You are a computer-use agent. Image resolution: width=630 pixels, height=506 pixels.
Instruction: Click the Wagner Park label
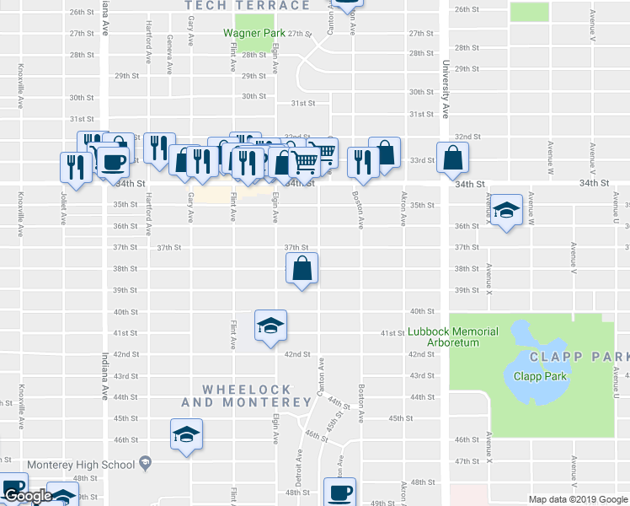(x=254, y=34)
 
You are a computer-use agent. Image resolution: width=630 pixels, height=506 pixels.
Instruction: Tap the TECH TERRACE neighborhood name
(x=248, y=6)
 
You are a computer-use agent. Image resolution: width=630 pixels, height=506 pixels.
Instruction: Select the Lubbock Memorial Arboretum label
(x=453, y=336)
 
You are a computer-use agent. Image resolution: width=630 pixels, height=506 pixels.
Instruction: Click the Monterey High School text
(x=81, y=465)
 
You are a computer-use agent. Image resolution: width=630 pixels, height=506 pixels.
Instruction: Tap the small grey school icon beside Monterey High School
(x=146, y=463)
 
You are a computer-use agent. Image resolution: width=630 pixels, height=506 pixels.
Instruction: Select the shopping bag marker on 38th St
(x=302, y=269)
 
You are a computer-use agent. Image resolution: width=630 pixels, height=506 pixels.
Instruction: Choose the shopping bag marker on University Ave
(x=452, y=157)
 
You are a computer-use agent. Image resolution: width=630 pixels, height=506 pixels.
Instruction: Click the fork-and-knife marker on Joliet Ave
(x=75, y=167)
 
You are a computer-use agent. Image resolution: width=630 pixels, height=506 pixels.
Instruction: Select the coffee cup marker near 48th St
(x=340, y=493)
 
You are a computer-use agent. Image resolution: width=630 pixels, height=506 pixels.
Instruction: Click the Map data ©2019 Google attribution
(x=578, y=499)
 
